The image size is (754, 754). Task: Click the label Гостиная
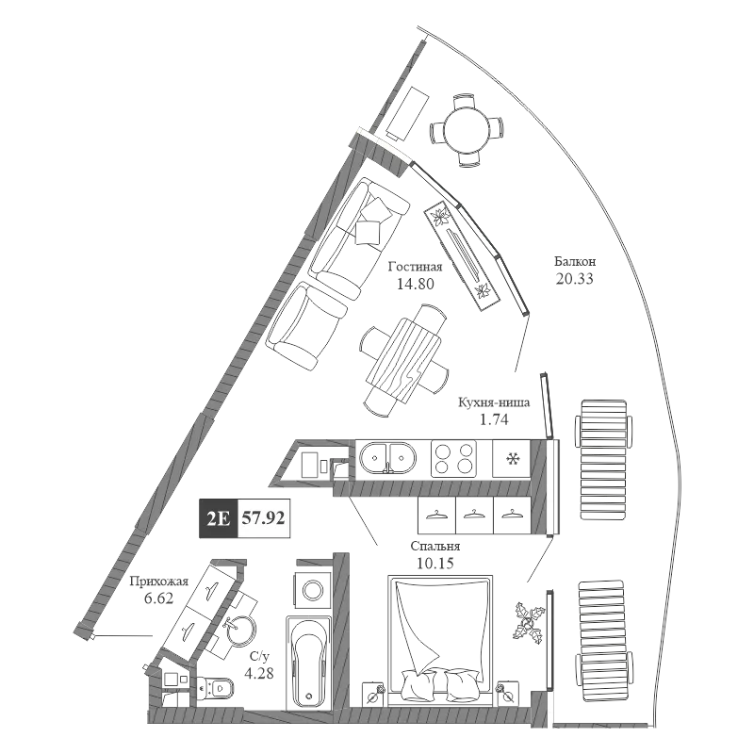(x=415, y=267)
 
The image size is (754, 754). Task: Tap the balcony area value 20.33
(x=575, y=278)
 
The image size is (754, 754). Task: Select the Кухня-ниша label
(x=494, y=402)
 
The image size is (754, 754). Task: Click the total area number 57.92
(x=263, y=517)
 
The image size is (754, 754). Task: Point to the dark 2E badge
(x=219, y=517)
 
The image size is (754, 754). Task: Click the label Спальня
(x=435, y=547)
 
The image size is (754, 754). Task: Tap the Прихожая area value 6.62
(x=158, y=598)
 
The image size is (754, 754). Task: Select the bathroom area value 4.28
(x=259, y=673)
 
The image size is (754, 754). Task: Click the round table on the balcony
(x=467, y=130)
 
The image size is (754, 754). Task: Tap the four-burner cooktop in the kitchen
(x=453, y=459)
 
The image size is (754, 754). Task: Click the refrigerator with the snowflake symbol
(x=512, y=459)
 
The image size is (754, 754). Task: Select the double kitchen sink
(x=387, y=458)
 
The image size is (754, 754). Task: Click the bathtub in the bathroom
(x=308, y=663)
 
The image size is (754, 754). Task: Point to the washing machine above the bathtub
(x=313, y=590)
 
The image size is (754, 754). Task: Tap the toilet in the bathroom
(x=215, y=688)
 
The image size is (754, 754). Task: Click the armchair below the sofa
(x=307, y=326)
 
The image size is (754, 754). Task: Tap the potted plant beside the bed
(x=529, y=623)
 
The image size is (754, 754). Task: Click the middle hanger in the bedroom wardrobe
(x=474, y=515)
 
